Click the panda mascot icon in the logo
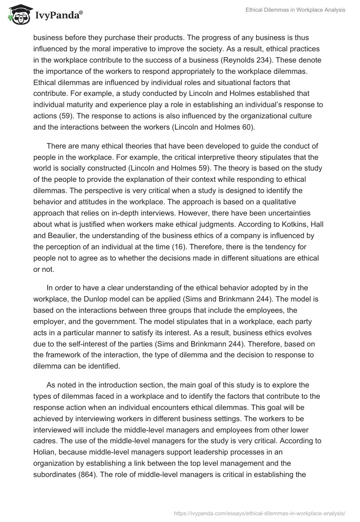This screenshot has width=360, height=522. click(17, 15)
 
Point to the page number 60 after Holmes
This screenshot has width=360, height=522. click(247, 127)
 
